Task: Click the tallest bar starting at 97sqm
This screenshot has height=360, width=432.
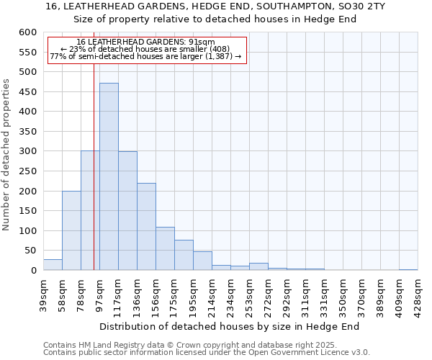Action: click(109, 176)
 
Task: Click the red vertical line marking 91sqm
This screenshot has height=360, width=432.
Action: click(94, 180)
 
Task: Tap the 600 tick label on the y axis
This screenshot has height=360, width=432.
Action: click(27, 32)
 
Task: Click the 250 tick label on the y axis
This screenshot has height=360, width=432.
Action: click(27, 171)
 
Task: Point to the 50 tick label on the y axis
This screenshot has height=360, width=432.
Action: click(30, 251)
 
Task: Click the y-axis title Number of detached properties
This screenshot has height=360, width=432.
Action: click(7, 155)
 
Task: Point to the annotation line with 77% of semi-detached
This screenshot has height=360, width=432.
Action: click(146, 56)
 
